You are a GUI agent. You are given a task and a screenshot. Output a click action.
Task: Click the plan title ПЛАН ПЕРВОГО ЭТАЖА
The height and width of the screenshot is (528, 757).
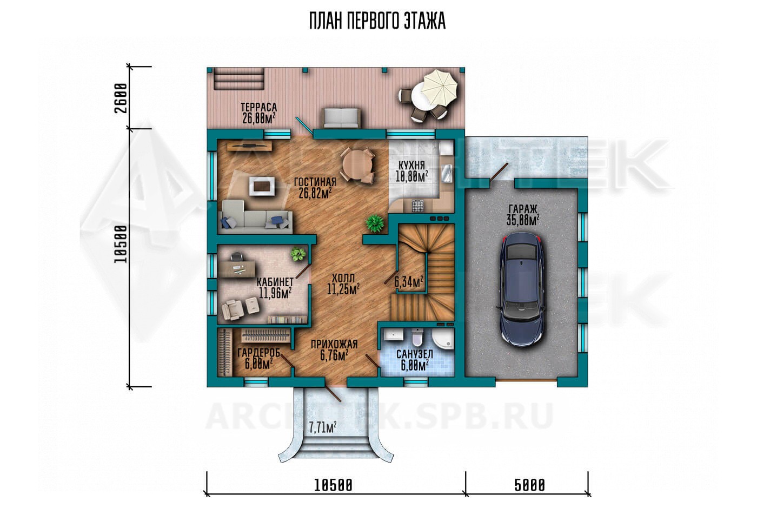pyautogui.click(x=377, y=21)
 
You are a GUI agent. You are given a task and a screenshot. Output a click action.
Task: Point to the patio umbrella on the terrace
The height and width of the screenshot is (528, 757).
pyautogui.click(x=440, y=88)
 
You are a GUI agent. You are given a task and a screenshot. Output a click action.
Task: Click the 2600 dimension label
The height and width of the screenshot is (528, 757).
pyautogui.click(x=121, y=98)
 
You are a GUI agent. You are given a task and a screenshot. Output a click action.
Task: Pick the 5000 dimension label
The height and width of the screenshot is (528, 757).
pyautogui.click(x=529, y=486)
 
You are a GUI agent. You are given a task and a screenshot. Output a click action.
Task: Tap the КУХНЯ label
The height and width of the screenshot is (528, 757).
pyautogui.click(x=411, y=166)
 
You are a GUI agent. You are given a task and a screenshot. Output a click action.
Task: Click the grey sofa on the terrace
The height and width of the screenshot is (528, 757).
pyautogui.click(x=341, y=118)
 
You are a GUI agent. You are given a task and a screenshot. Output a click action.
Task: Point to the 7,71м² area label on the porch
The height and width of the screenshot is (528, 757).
pyautogui.click(x=322, y=427)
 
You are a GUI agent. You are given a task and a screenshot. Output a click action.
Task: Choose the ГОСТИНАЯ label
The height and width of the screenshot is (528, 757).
pyautogui.click(x=315, y=182)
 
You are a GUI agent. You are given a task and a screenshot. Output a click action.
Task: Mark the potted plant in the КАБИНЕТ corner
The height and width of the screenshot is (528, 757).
pyautogui.click(x=298, y=254)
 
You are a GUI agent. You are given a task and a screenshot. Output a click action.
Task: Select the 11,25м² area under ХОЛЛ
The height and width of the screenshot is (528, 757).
pyautogui.click(x=343, y=289)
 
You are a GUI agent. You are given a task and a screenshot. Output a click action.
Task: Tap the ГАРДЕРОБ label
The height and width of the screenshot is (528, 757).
pyautogui.click(x=259, y=353)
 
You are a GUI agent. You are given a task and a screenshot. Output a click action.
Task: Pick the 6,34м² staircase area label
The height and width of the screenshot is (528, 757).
pyautogui.click(x=409, y=281)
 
